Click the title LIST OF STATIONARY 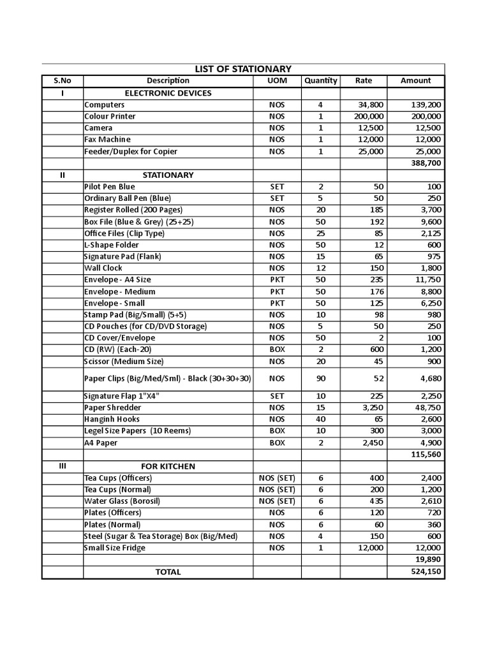tap(242, 69)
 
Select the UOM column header tap(277, 81)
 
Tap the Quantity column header tap(320, 81)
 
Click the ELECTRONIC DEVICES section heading tap(168, 93)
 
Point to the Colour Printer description tap(110, 117)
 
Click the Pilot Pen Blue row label tap(110, 187)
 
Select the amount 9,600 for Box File tap(428, 222)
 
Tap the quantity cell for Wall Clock tap(320, 268)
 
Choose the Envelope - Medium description tap(120, 292)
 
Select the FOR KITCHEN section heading tap(168, 466)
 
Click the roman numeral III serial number tap(62, 466)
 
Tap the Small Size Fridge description tap(115, 548)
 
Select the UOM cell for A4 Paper tap(277, 443)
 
